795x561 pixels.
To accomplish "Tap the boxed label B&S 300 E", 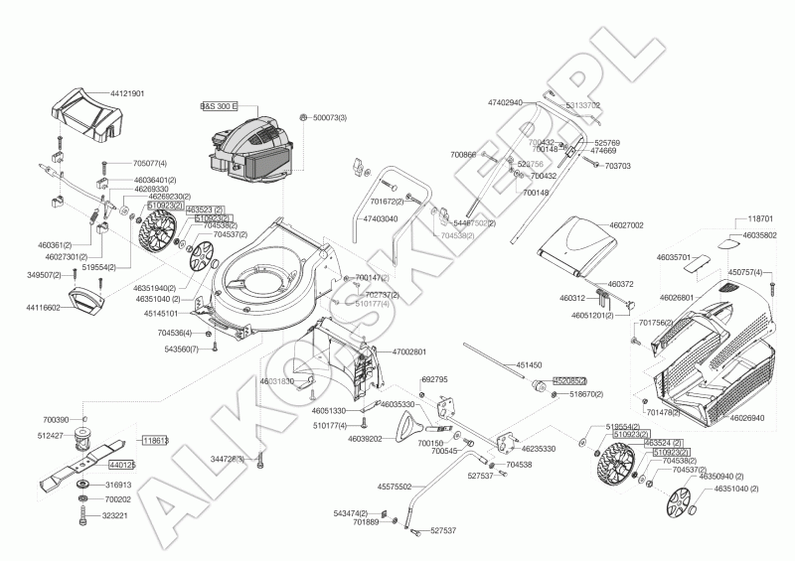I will tap(219, 104).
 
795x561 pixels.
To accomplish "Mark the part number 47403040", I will tap(380, 218).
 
